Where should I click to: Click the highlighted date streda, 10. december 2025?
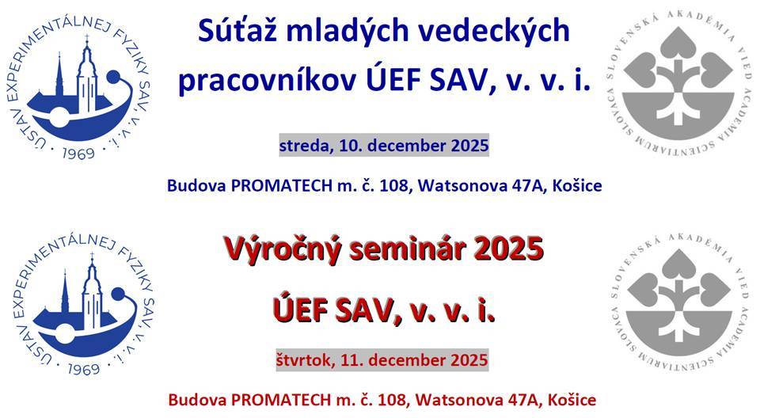coord(384,145)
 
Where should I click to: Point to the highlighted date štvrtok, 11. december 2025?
coord(382,359)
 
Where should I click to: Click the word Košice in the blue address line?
coord(577,185)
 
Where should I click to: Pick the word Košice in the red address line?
coord(572,400)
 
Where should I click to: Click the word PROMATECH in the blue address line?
coord(282,185)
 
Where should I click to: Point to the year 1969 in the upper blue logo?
coord(78,154)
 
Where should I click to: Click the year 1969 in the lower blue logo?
coord(83,370)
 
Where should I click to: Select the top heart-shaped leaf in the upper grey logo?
coord(678,44)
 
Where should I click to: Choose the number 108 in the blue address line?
coord(394,185)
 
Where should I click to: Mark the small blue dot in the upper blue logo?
coord(113,77)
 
